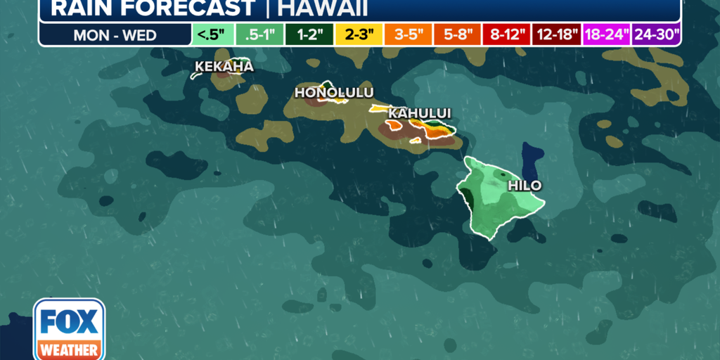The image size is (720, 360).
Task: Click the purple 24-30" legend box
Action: tap(656, 34)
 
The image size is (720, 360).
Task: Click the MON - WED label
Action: tap(115, 34)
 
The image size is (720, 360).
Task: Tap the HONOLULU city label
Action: tap(334, 93)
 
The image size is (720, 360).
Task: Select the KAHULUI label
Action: tap(420, 113)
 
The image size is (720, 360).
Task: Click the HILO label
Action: tap(525, 186)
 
